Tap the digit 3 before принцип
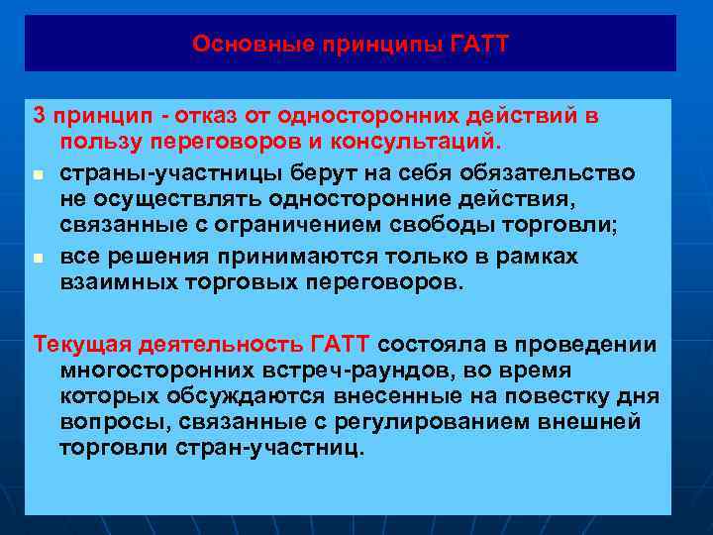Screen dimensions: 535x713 tap(40, 116)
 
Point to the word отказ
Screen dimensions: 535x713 tap(187, 116)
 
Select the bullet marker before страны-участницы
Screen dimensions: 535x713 tap(39, 174)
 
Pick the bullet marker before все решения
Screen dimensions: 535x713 tap(39, 257)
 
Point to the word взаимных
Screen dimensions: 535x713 tap(109, 282)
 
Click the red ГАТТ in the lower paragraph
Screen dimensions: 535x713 tap(340, 344)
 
